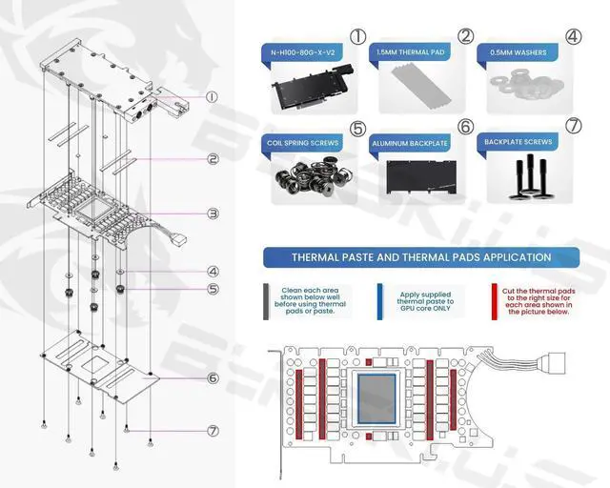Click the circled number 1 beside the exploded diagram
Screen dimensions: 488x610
click(x=212, y=96)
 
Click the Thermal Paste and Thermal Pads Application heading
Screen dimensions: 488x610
click(x=420, y=257)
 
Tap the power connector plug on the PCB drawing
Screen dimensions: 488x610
click(x=553, y=363)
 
